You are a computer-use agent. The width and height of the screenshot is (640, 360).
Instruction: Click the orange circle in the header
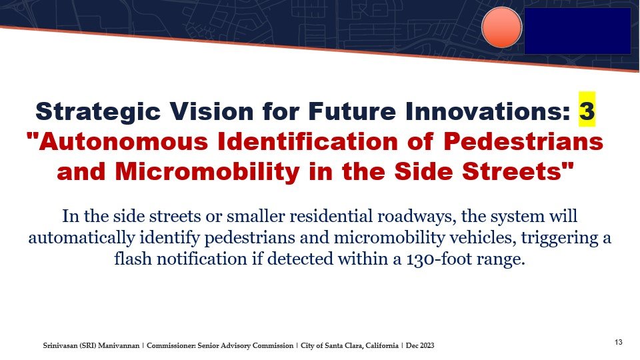click(x=501, y=27)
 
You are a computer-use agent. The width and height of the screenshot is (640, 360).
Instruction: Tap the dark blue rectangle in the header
click(x=577, y=31)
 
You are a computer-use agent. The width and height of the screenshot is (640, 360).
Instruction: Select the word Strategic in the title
click(x=98, y=112)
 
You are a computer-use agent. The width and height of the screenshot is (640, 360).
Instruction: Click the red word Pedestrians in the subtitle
click(x=524, y=141)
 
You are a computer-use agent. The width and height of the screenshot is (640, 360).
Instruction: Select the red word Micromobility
click(x=208, y=171)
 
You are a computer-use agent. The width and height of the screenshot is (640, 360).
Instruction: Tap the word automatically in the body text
click(x=81, y=238)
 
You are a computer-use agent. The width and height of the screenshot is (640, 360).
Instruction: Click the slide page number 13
click(x=619, y=342)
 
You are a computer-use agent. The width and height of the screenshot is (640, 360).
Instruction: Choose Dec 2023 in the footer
click(x=420, y=346)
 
